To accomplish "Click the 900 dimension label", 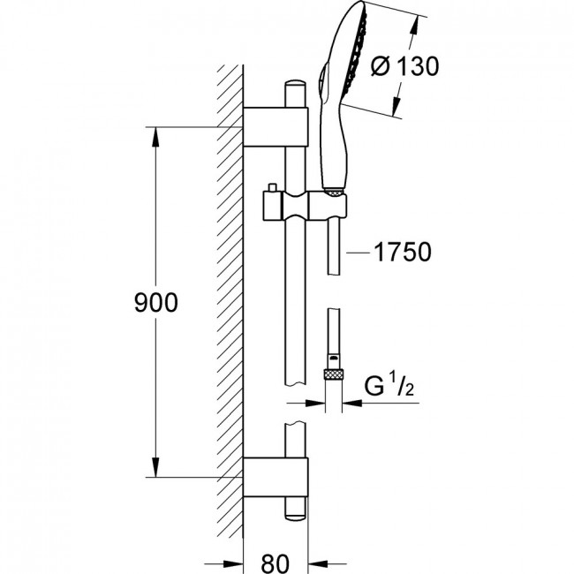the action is [x=156, y=303].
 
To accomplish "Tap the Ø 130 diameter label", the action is [x=404, y=66].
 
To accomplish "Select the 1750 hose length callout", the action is [x=403, y=252].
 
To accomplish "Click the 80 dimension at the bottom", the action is [x=276, y=563].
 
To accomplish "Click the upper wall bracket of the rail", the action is [x=276, y=127].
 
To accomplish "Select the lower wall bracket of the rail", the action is [x=276, y=477].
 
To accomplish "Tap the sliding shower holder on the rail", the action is [x=304, y=206].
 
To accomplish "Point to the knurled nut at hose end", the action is [x=334, y=374].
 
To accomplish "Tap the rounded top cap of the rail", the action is [x=295, y=84].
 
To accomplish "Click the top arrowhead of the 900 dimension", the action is [x=156, y=137].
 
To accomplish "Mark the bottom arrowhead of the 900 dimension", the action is [x=156, y=467].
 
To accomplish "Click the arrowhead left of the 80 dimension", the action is [x=233, y=563].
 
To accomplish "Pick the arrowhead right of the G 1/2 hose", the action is [x=352, y=403].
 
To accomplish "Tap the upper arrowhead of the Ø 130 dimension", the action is [x=414, y=25].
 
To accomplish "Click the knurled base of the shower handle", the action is [x=333, y=191].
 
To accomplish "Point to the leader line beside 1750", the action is [x=359, y=253].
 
